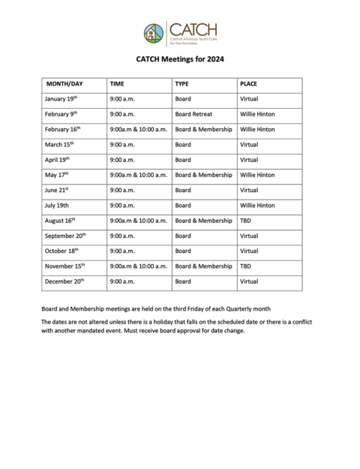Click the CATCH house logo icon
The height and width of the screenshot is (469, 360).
tap(154, 33)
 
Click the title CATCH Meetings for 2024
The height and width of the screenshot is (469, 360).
tap(180, 59)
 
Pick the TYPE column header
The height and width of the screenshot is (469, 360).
tap(182, 84)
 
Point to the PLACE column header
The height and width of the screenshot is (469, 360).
tap(248, 84)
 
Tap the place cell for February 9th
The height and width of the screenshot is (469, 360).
tap(257, 114)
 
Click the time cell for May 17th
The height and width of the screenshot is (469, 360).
tap(138, 175)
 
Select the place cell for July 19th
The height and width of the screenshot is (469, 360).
tap(257, 205)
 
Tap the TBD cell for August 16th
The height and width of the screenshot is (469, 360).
tap(245, 221)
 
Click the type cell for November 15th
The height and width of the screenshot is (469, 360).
tap(203, 266)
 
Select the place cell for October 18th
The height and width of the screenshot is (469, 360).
tap(249, 251)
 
